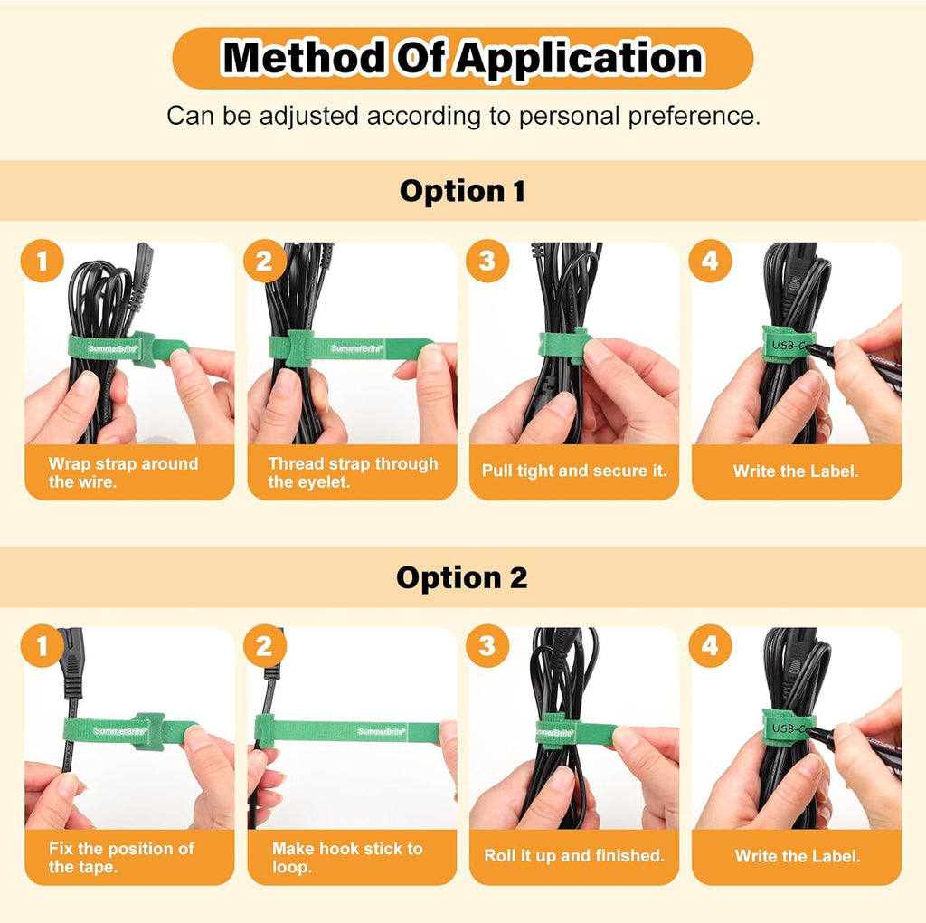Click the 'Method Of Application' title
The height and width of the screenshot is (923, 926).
pyautogui.click(x=463, y=58)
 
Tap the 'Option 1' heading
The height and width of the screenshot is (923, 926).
pyautogui.click(x=462, y=191)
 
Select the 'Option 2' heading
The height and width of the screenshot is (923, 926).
pyautogui.click(x=462, y=577)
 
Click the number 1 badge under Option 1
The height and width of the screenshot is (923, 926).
pyautogui.click(x=42, y=261)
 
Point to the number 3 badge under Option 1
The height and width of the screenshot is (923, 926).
pyautogui.click(x=487, y=261)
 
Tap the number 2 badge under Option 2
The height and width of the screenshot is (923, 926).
pyautogui.click(x=265, y=646)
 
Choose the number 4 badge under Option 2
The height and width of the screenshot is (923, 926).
pyautogui.click(x=711, y=646)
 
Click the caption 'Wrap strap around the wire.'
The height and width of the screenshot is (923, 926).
pyautogui.click(x=123, y=472)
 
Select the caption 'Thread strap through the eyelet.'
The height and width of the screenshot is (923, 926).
pyautogui.click(x=354, y=472)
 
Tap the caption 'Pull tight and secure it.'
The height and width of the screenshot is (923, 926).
pyautogui.click(x=574, y=471)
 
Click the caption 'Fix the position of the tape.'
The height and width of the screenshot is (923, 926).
pyautogui.click(x=121, y=858)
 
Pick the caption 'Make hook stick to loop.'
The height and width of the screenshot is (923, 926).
pyautogui.click(x=347, y=858)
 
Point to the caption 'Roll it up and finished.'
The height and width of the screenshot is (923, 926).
pyautogui.click(x=574, y=856)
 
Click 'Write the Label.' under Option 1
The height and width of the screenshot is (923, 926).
pyautogui.click(x=796, y=471)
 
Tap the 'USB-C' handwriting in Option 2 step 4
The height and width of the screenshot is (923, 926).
pyautogui.click(x=789, y=728)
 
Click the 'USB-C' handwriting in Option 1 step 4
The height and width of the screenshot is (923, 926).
pyautogui.click(x=789, y=345)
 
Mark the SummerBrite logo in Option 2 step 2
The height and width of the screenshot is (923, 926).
pyautogui.click(x=382, y=731)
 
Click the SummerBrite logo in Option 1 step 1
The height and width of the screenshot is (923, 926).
pyautogui.click(x=113, y=348)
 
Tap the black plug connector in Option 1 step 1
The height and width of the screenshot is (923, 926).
pyautogui.click(x=144, y=268)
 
